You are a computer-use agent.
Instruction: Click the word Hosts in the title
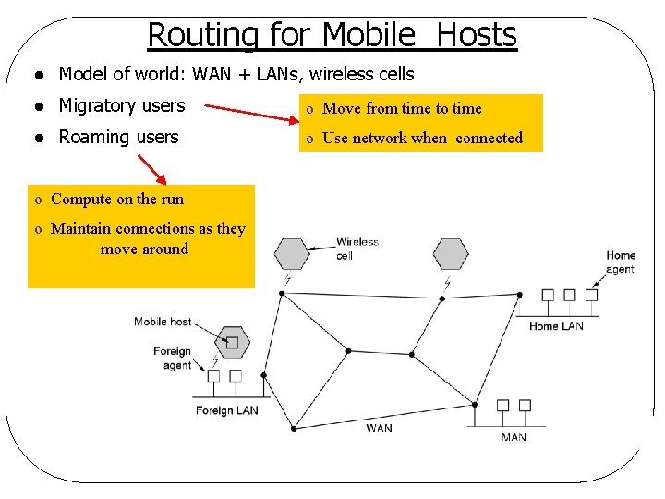(x=476, y=35)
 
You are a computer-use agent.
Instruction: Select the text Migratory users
(x=122, y=106)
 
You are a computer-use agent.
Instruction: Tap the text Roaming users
(x=118, y=137)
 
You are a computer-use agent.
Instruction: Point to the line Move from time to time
(x=402, y=108)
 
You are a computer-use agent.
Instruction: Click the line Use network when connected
(x=422, y=138)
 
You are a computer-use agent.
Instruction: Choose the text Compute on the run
(x=117, y=199)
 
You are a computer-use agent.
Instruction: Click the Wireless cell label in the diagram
(x=357, y=249)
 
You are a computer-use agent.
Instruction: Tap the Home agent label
(x=621, y=262)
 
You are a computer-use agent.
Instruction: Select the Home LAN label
(x=556, y=326)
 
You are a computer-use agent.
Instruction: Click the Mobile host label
(x=163, y=322)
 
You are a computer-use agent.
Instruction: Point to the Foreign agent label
(x=174, y=358)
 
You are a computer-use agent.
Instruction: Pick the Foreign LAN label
(x=227, y=410)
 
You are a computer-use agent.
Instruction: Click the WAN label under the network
(x=379, y=428)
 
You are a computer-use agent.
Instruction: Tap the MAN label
(x=514, y=437)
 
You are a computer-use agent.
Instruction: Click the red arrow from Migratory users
(x=247, y=112)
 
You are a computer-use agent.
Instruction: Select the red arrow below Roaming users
(x=152, y=170)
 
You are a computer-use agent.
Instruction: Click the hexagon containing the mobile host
(x=232, y=343)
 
